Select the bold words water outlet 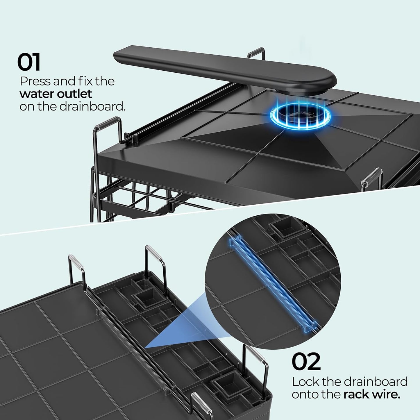(56, 94)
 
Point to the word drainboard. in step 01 (92, 106)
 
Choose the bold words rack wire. (372, 395)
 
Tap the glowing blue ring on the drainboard (300, 115)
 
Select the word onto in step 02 (307, 395)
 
